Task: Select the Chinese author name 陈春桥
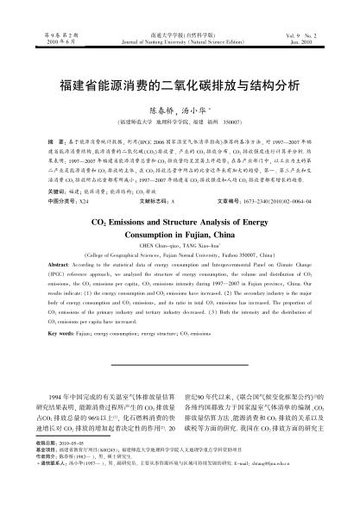pos(162,111)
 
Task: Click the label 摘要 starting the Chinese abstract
pos(54,139)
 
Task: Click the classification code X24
pos(84,198)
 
